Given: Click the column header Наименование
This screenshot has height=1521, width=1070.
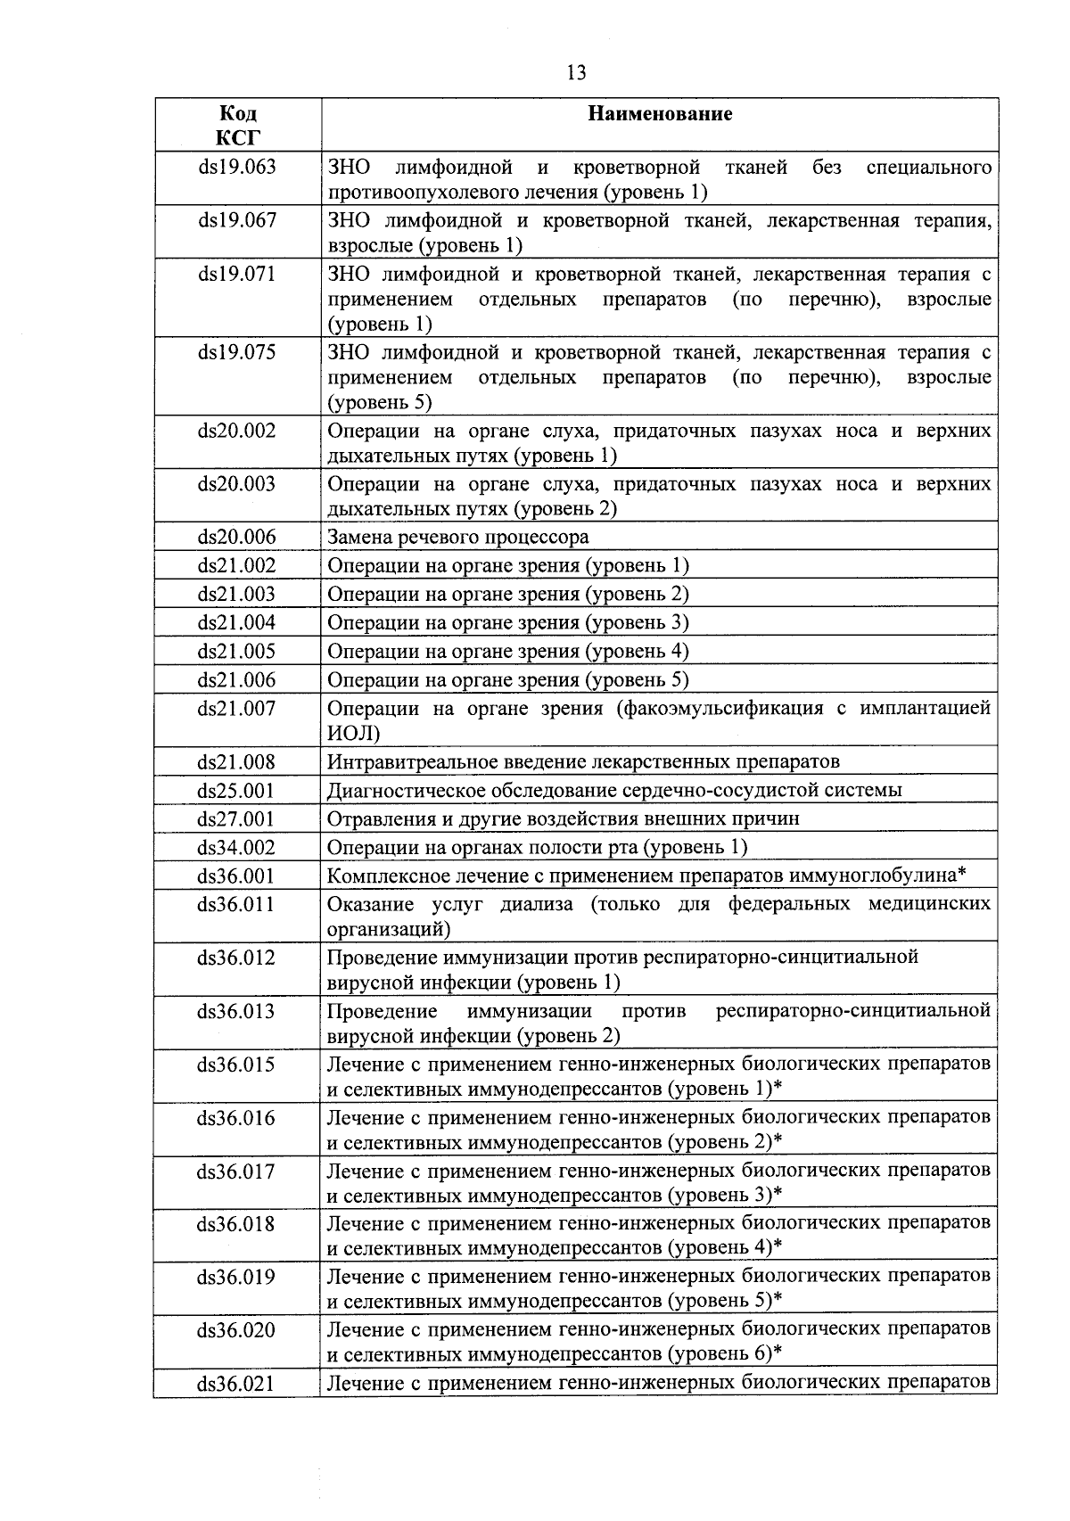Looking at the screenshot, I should pos(660,114).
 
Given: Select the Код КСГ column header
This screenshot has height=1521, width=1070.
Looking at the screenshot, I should pos(238,126).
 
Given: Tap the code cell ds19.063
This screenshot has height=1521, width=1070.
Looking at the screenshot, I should pos(236,168).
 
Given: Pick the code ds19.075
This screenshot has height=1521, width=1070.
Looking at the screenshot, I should pos(236,353).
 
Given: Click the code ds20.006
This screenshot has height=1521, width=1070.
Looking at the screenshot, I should pos(236,538).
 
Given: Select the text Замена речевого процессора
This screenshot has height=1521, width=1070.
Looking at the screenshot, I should pos(458,538).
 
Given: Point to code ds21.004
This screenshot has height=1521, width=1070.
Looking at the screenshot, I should pos(236,623).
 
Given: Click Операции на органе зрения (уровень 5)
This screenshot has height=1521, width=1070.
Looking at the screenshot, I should pos(508,680).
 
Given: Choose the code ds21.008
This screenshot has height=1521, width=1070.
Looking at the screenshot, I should pos(236,762).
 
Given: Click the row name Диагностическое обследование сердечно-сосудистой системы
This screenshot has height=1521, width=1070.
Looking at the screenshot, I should pos(614,791).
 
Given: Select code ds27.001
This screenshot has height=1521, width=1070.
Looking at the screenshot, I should pos(236,819).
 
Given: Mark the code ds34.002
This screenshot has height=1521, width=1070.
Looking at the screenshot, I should pos(236,848).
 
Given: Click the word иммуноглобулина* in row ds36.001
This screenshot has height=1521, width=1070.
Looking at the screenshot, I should pos(884,876).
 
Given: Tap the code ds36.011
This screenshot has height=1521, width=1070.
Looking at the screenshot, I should pos(236,905).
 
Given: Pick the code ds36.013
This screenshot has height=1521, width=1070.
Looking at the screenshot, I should pos(236,1012).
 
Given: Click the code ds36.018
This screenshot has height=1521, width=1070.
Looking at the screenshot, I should pos(236,1225).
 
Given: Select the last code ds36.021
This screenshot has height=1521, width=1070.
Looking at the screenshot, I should pos(236,1385).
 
